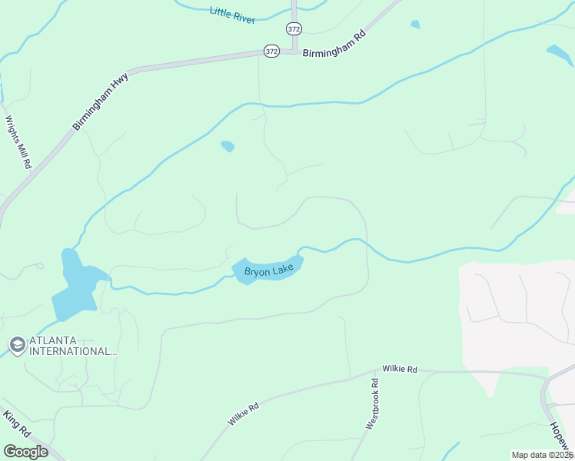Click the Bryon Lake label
[x=269, y=270]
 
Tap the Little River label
[x=232, y=14]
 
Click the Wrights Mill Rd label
[x=18, y=142]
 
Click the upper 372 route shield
[x=294, y=28]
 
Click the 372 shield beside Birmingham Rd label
[x=271, y=51]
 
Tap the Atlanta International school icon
[x=16, y=345]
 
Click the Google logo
[x=25, y=451]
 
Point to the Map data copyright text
[x=543, y=455]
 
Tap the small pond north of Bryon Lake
[x=228, y=145]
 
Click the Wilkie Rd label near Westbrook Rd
[x=401, y=370]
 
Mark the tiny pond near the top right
[x=415, y=25]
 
